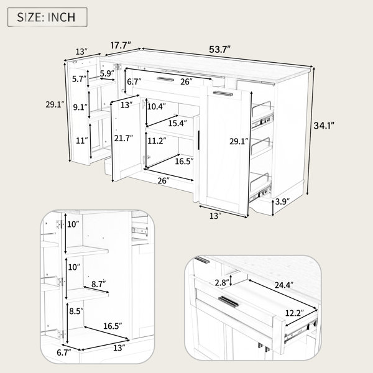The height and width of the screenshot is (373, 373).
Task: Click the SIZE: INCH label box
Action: coord(47,17)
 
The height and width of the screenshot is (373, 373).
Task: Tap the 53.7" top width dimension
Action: coord(220,50)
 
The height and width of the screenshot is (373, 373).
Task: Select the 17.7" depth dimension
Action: coord(121,45)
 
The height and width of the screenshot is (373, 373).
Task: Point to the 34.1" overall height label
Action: coord(324,126)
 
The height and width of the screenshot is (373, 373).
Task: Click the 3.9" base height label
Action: coord(282,202)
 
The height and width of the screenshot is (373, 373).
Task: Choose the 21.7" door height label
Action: coord(123,138)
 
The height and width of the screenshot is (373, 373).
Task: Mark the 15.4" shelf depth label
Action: coord(177,123)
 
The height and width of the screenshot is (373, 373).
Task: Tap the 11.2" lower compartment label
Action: coord(157,141)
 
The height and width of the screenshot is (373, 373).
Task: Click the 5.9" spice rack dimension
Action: coord(107,73)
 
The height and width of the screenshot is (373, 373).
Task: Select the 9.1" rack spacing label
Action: coord(80,108)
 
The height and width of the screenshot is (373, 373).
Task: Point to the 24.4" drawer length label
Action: coord(284,285)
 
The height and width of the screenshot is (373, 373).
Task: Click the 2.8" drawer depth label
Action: coord(222,283)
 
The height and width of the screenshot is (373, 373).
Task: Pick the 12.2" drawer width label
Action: coord(295,313)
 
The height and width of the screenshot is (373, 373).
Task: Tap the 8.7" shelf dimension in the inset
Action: coord(98,284)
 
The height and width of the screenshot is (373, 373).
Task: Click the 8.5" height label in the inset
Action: coord(76,311)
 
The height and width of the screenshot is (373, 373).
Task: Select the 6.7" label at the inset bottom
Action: coord(64,352)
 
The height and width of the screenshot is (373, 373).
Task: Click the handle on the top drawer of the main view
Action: coord(165,80)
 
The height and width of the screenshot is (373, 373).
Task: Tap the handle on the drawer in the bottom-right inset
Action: coord(228,302)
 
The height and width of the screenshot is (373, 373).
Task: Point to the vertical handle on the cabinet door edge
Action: coord(198,140)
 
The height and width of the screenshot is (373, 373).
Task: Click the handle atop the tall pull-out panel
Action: coord(223,93)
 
